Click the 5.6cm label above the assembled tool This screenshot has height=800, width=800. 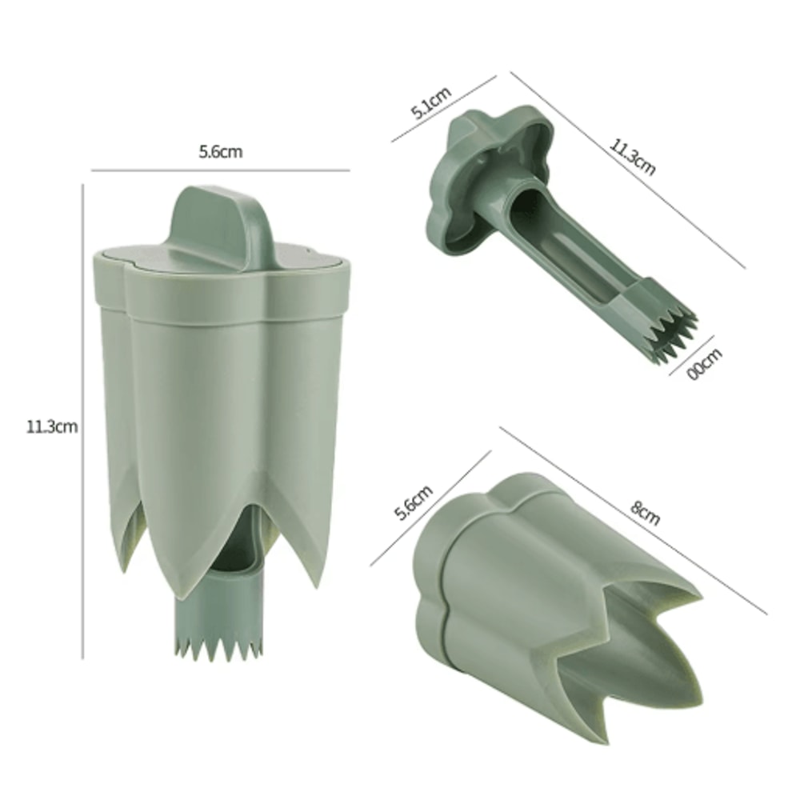220,152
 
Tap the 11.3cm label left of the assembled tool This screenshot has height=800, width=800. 52,426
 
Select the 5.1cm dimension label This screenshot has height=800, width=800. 431,102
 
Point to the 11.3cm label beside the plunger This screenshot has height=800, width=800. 633,157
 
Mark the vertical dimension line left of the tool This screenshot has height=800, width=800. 83,424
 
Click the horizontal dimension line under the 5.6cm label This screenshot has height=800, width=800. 220,170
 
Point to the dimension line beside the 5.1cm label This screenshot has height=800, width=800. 444,109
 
